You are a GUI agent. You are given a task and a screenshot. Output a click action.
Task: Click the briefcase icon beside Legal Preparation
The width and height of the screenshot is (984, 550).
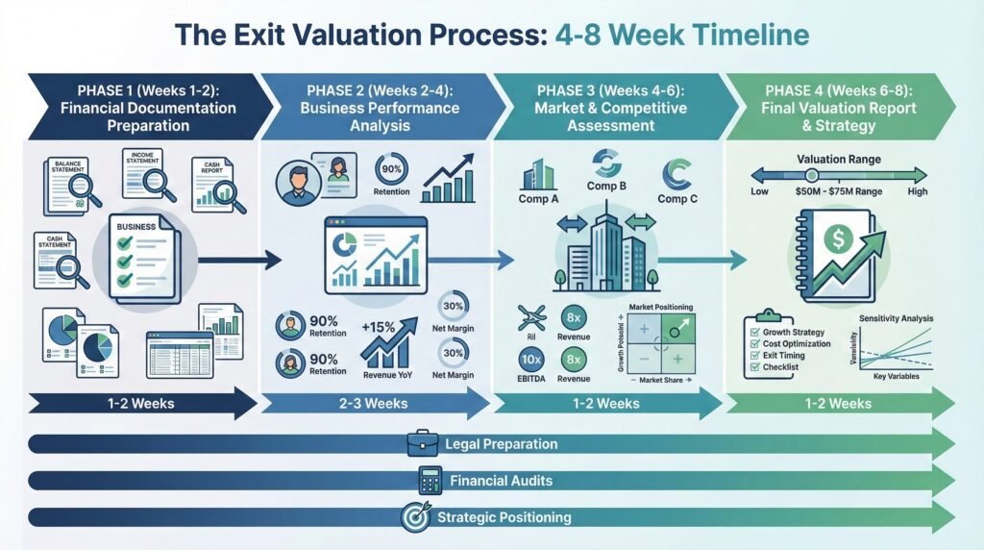[423, 443]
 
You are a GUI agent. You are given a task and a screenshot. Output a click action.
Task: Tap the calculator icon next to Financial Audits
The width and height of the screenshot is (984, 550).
[429, 480]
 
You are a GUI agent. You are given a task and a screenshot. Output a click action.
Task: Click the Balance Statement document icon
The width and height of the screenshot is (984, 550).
[66, 183]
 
